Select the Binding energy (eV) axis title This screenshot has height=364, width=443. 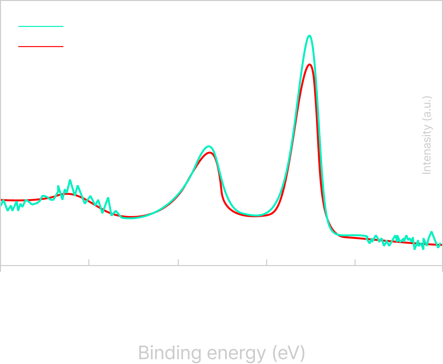(222, 352)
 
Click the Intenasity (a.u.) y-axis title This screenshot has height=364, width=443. (427, 135)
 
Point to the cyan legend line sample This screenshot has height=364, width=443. (41, 27)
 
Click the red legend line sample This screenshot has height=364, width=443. (41, 46)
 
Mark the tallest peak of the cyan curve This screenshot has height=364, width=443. (309, 36)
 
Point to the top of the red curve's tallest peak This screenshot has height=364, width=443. (309, 64)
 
